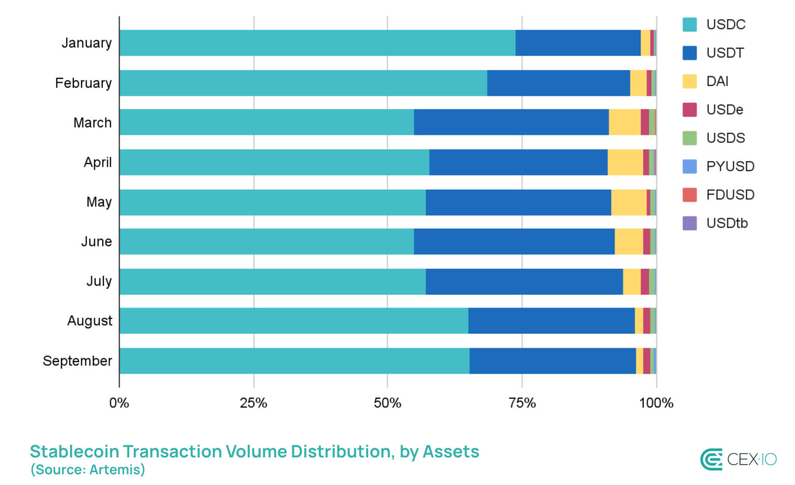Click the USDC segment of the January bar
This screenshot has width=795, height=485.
[317, 43]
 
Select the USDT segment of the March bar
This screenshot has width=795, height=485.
[511, 122]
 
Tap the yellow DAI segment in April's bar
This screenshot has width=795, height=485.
[625, 162]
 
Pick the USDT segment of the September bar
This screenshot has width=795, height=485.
[553, 361]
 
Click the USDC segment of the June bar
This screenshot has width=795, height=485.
[267, 241]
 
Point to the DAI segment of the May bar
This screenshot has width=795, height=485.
[629, 202]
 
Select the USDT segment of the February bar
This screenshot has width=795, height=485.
[558, 83]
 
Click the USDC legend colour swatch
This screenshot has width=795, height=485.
[689, 25]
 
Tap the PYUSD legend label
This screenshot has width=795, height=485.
[730, 166]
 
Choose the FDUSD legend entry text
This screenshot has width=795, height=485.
[730, 195]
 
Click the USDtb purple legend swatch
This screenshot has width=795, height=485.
[689, 223]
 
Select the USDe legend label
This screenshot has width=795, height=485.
[725, 110]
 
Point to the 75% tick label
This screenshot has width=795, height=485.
[522, 403]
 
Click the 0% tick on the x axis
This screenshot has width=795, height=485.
[119, 403]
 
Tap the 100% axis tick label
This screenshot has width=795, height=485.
[656, 403]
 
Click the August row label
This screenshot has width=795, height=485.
[90, 321]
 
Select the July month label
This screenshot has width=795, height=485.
[99, 281]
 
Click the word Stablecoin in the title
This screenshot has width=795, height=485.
[75, 451]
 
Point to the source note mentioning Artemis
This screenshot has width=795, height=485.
[88, 470]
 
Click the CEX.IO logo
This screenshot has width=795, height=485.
[738, 459]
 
